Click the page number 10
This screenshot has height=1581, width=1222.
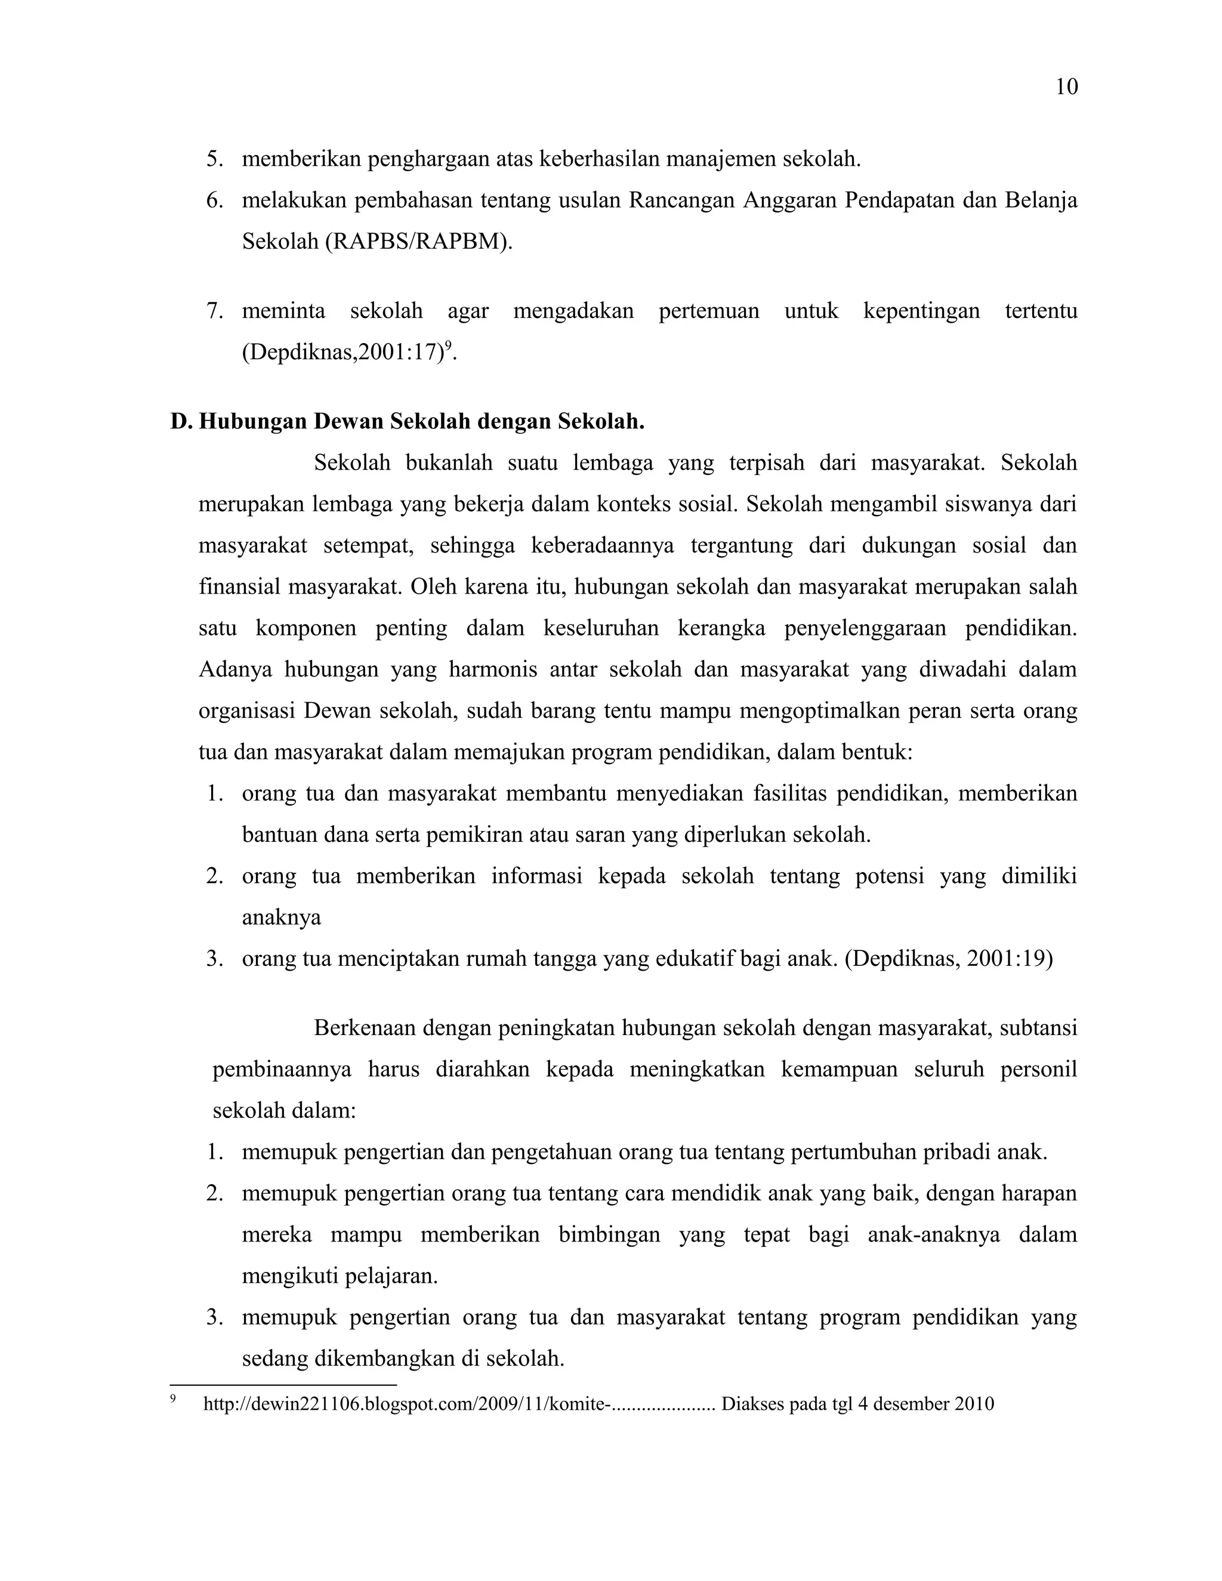click(1066, 88)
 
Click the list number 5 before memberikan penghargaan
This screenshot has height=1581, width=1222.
click(214, 159)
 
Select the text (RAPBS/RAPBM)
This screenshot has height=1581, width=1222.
click(419, 242)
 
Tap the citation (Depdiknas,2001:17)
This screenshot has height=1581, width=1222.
click(342, 353)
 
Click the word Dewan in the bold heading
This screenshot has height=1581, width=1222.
click(350, 421)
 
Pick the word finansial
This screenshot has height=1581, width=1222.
click(239, 586)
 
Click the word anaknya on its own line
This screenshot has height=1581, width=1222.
click(281, 917)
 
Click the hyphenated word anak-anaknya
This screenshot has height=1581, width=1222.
click(934, 1234)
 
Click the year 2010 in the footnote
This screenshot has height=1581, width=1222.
click(974, 1404)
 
